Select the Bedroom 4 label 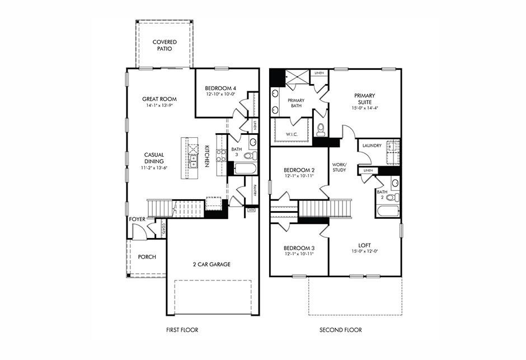click(220, 88)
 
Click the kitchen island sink click(194, 162)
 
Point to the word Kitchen click(206, 156)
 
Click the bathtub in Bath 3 click(243, 168)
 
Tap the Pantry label click(254, 191)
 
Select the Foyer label click(137, 219)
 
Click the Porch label click(147, 257)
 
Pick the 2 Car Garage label click(212, 264)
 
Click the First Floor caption click(182, 330)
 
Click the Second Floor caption click(340, 330)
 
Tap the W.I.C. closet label click(291, 134)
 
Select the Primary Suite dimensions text click(364, 108)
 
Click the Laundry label click(372, 146)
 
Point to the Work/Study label click(339, 167)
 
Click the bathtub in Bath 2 click(387, 211)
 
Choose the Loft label click(364, 245)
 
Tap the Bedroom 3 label click(298, 248)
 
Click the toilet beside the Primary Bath click(321, 130)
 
